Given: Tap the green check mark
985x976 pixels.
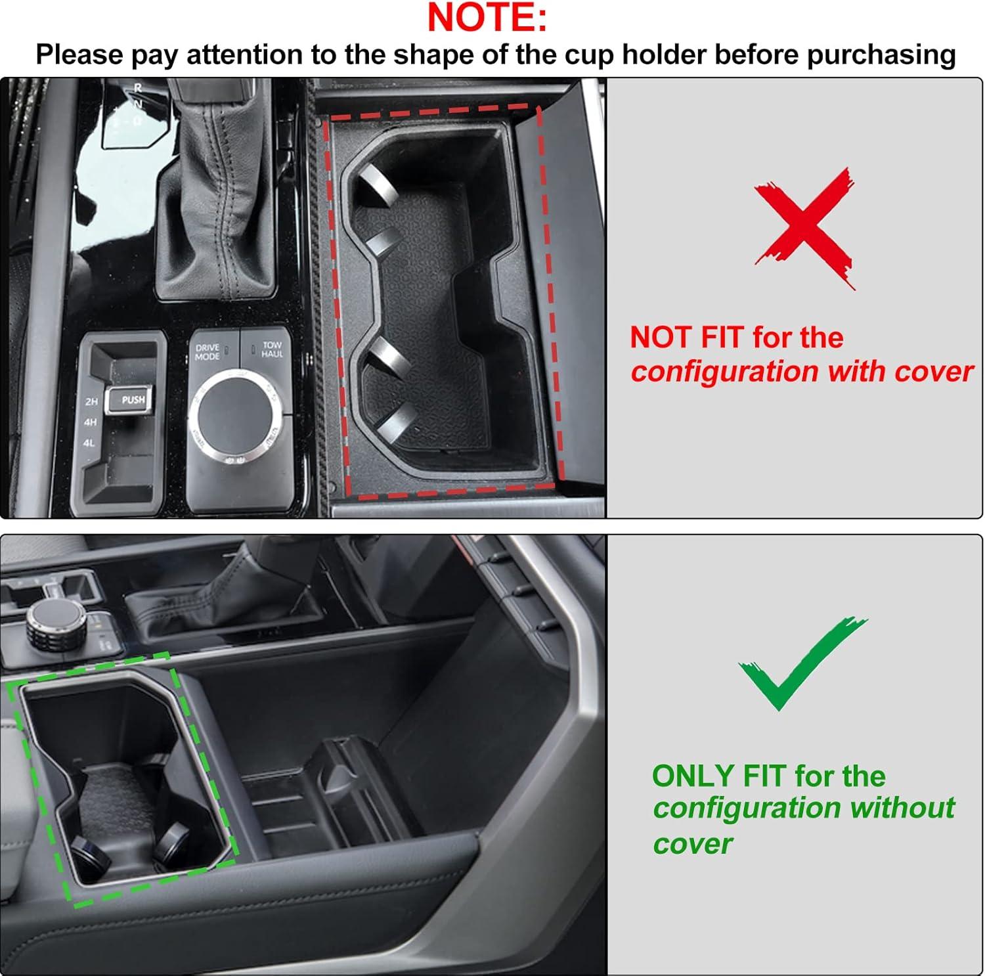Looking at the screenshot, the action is click(802, 663).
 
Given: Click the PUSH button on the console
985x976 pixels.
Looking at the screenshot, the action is click(132, 399).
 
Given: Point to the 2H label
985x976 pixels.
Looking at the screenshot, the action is click(91, 401).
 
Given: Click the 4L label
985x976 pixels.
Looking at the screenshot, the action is click(89, 443).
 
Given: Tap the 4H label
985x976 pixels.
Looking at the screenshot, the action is click(90, 422).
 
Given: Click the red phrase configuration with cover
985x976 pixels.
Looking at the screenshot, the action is click(802, 372).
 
